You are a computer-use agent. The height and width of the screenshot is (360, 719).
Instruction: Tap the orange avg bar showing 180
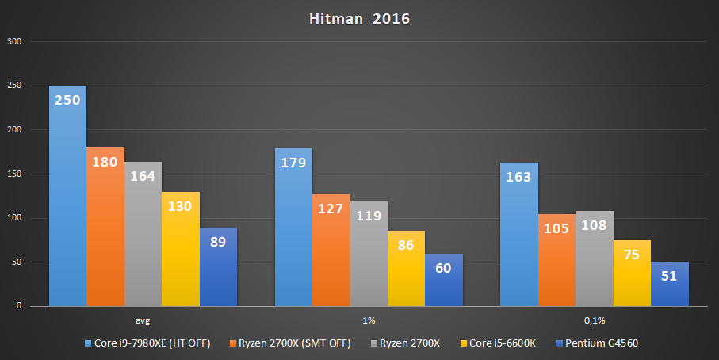coord(105,227)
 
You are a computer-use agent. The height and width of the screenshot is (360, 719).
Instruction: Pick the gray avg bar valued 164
coord(143,234)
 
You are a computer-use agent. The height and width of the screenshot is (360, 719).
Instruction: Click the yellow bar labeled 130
coord(181,249)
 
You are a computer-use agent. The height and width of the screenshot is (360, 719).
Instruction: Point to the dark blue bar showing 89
coord(218,267)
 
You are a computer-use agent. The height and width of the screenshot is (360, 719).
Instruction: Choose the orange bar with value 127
coord(331,251)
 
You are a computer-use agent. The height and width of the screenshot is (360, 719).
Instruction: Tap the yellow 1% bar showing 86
coord(406,268)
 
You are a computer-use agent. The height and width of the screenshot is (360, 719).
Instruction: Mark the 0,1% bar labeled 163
coord(518,235)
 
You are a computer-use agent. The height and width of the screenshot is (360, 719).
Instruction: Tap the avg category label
coord(143,321)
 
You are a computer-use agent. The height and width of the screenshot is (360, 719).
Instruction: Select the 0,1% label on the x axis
coord(594,321)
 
